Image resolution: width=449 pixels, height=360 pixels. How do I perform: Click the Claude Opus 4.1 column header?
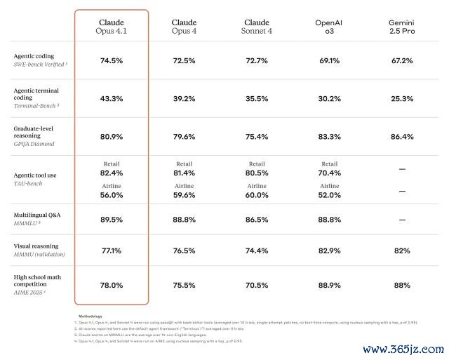(x=112, y=27)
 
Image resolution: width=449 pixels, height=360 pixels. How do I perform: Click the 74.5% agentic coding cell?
(x=112, y=61)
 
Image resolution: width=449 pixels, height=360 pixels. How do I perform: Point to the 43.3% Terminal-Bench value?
(x=112, y=99)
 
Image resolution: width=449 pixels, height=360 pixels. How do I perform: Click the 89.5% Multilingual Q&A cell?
(x=112, y=219)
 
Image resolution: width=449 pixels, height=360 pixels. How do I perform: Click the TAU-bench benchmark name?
(x=28, y=183)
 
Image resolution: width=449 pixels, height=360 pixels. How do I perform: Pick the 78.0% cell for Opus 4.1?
(x=112, y=285)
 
